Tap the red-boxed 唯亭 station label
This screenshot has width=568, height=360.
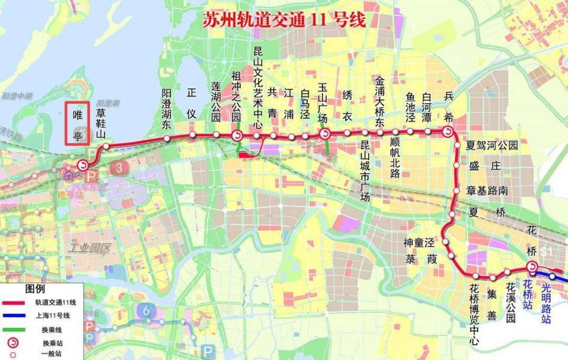[77, 123]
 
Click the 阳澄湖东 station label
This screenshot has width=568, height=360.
[167, 109]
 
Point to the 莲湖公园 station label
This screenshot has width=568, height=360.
[216, 102]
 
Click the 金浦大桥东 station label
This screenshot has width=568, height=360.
[380, 101]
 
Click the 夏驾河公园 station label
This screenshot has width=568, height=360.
[492, 144]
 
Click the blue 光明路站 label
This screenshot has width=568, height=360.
[546, 303]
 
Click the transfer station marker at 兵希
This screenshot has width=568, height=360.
[448, 133]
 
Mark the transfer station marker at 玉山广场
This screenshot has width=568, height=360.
[325, 134]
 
